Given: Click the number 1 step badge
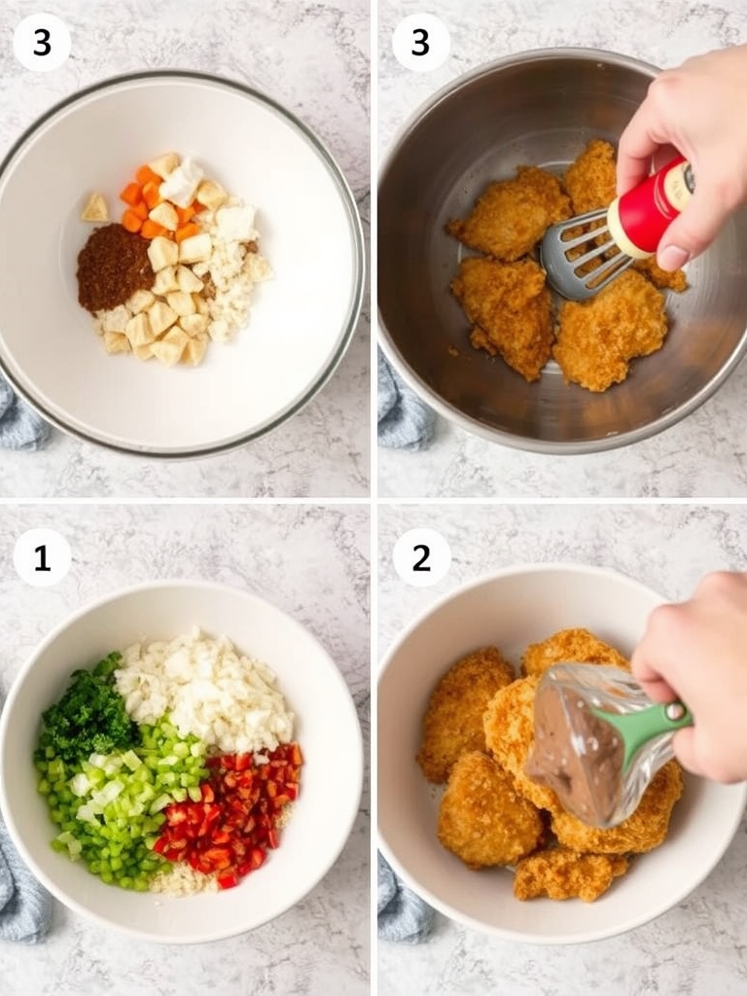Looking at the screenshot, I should click(x=42, y=557).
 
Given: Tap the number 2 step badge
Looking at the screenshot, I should click(x=421, y=557).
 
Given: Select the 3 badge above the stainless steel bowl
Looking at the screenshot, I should click(x=421, y=43).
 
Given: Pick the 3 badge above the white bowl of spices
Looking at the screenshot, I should click(x=42, y=43).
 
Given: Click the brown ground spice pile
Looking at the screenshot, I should click(x=114, y=266).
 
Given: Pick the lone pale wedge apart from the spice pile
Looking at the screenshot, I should click(x=94, y=207).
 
